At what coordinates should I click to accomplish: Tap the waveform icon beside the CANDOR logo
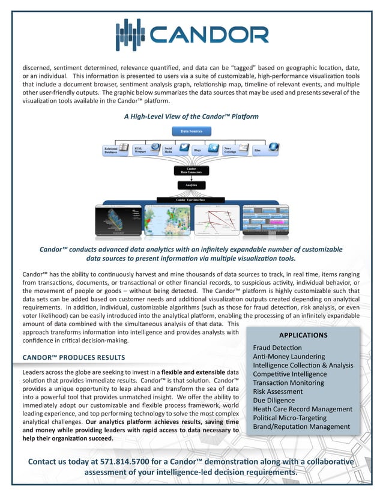point(130,35)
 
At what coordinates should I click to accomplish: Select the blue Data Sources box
point(191,131)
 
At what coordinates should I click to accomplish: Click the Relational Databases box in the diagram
point(116,150)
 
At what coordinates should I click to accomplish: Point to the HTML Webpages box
point(146,150)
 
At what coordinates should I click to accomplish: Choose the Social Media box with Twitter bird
point(176,150)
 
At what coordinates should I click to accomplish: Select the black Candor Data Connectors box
point(191,171)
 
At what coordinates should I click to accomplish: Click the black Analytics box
point(191,186)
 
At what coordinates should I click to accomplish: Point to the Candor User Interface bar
point(192,199)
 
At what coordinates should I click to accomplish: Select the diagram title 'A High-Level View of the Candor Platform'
point(191,116)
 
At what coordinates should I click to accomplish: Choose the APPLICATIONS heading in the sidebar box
point(303,335)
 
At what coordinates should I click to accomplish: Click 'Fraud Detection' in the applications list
point(277,348)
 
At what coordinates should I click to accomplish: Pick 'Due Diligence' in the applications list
point(275,400)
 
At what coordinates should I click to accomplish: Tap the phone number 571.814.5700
point(145,461)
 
